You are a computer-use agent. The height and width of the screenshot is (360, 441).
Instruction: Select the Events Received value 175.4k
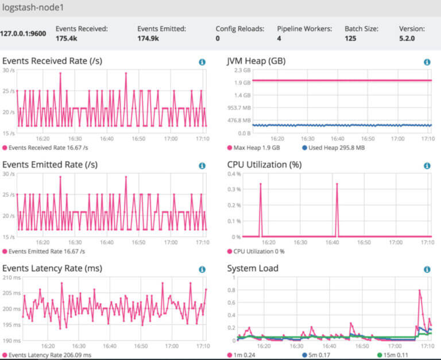point(68,38)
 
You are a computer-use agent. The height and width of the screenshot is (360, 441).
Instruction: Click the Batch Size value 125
point(350,38)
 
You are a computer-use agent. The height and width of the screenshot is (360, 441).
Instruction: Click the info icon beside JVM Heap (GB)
point(427,62)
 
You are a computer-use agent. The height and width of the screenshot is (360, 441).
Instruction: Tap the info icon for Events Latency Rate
point(202,269)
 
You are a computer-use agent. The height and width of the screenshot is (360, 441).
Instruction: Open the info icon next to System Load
point(427,269)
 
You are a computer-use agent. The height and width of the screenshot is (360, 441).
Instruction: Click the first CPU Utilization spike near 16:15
point(261,184)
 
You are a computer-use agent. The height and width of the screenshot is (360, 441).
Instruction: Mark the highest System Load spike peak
point(420,291)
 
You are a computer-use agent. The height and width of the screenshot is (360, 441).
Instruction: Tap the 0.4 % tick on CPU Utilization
point(234,174)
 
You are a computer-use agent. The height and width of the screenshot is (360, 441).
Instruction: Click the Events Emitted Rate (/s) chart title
point(50,165)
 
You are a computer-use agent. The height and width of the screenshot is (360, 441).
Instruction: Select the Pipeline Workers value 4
point(279,38)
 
